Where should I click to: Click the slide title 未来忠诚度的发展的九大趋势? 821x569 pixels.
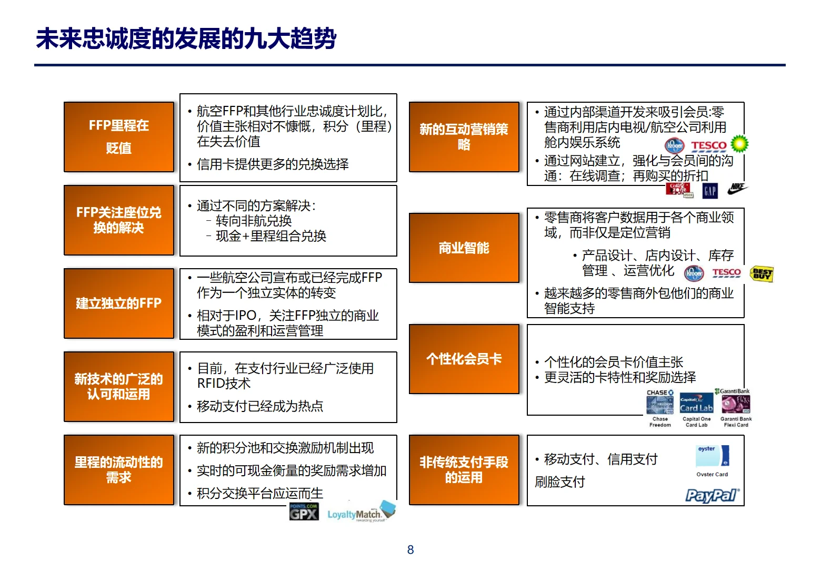pos(186,39)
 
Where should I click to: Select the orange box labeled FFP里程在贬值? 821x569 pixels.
pos(119,137)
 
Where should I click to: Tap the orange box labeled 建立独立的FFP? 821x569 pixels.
pos(119,303)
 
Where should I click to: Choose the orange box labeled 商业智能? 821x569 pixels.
pos(464,248)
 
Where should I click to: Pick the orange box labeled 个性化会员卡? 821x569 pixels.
pos(464,359)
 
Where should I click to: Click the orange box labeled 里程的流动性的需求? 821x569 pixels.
pos(119,470)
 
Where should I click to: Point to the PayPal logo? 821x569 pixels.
pos(712,495)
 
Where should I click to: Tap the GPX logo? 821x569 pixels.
pos(304,512)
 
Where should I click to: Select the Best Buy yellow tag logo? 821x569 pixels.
pos(762,273)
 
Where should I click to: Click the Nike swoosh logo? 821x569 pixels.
pos(737,188)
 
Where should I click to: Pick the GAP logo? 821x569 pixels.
pos(710,191)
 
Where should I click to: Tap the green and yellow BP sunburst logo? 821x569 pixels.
pos(739,143)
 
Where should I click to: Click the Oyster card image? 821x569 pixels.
pos(712,456)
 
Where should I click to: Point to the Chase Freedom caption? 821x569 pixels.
pos(660,422)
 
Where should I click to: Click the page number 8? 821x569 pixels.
pos(410,550)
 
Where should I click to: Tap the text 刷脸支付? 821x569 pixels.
pos(560,482)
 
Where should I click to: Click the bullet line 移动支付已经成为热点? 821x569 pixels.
pos(260,406)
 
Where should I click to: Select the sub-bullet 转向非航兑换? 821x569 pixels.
pos(254,221)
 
